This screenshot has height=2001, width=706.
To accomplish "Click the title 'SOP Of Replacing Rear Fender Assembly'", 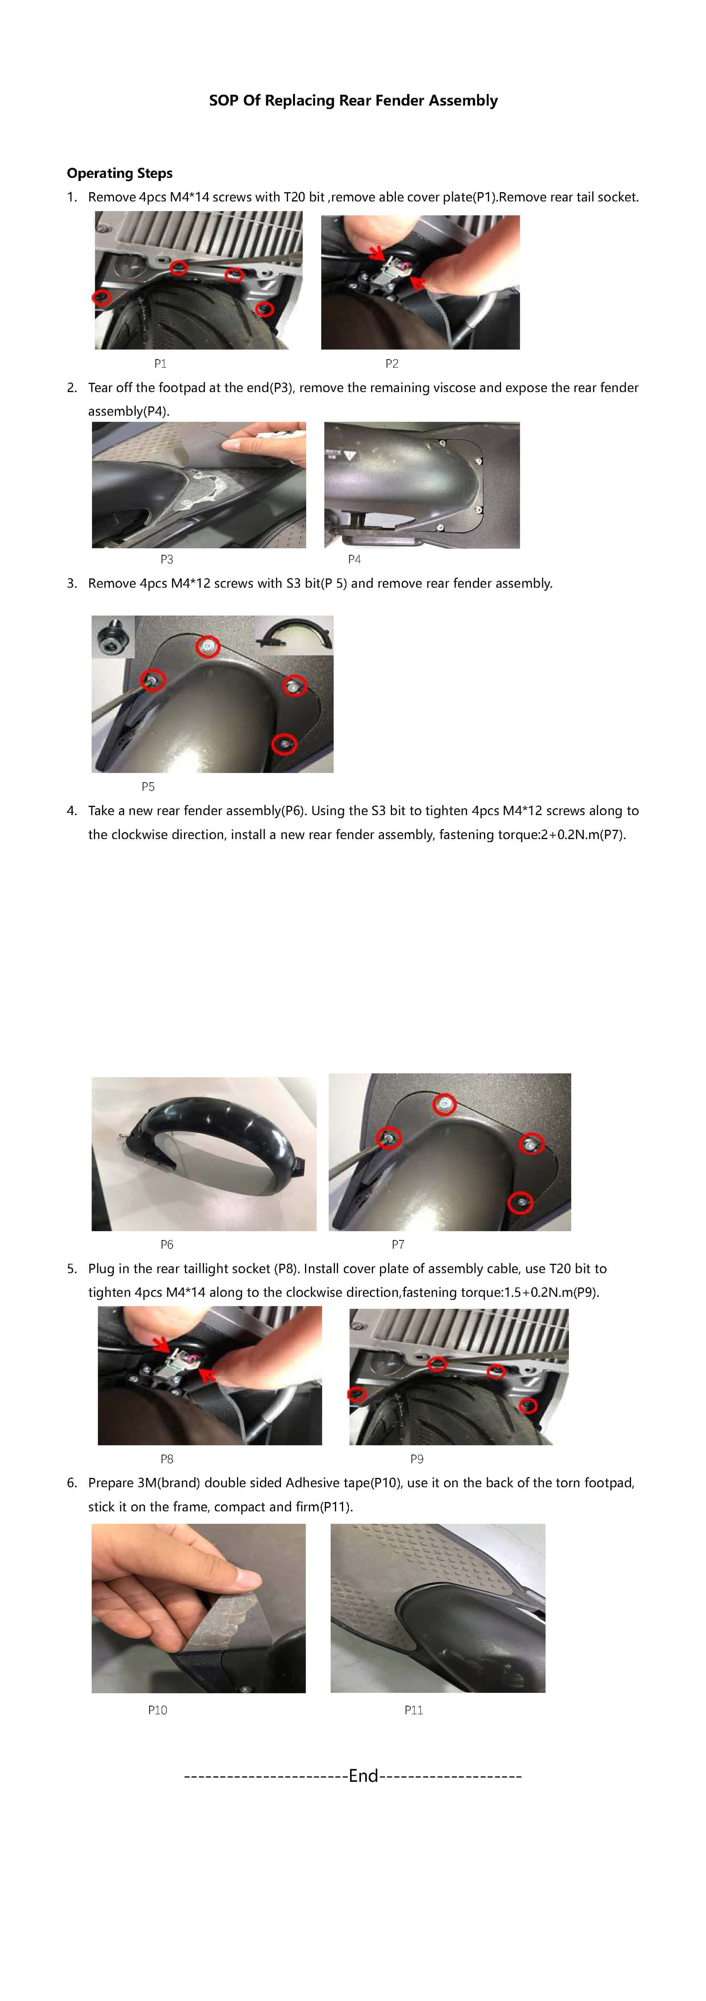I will (x=352, y=100).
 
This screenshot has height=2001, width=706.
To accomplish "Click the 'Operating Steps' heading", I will (x=120, y=173).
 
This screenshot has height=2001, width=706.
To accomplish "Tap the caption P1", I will (x=160, y=363).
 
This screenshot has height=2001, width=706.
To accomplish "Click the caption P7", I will (x=398, y=1245).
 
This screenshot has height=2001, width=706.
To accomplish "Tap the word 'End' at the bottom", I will (x=363, y=1776).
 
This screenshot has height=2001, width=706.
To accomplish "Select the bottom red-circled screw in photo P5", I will (x=284, y=744).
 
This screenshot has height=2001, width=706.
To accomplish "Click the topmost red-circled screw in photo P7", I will (x=444, y=1104).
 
